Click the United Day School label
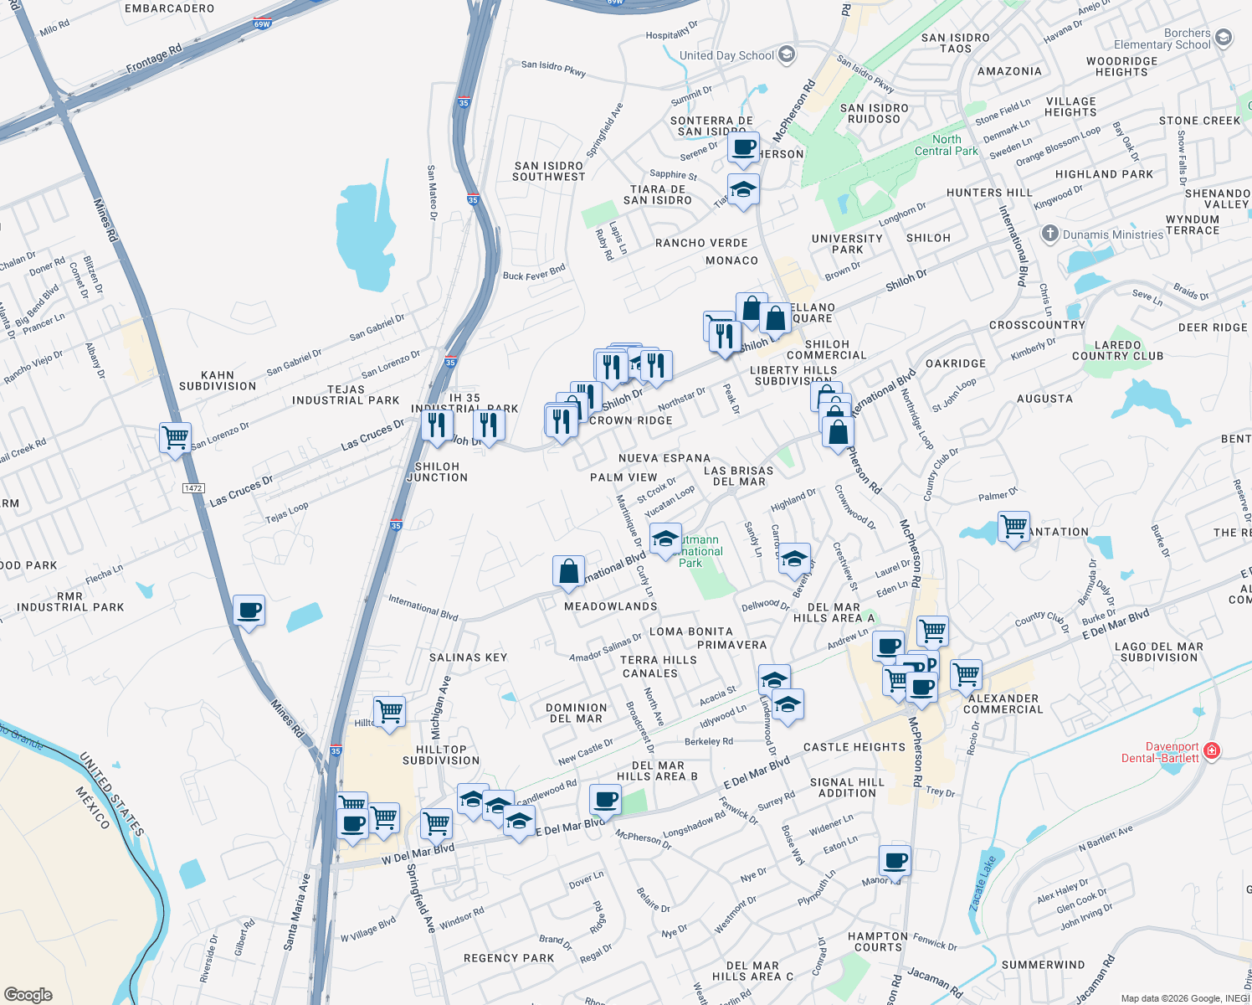[x=726, y=55]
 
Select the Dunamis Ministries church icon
[x=1050, y=234]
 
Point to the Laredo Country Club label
[x=1117, y=350]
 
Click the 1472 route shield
[x=193, y=488]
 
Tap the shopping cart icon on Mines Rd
[x=176, y=436]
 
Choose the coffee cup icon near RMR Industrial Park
[x=249, y=610]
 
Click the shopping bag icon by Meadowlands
[x=568, y=572]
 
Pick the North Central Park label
[x=946, y=145]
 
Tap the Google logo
[x=28, y=995]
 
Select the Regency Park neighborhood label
[x=509, y=958]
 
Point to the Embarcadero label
[x=169, y=8]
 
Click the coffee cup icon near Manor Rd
[x=895, y=859]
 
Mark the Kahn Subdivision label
[x=218, y=381]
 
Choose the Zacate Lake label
[x=983, y=884]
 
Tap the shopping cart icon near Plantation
[x=1013, y=527]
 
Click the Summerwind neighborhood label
[x=1043, y=965]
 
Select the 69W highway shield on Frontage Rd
[x=262, y=24]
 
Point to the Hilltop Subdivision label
[x=441, y=755]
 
